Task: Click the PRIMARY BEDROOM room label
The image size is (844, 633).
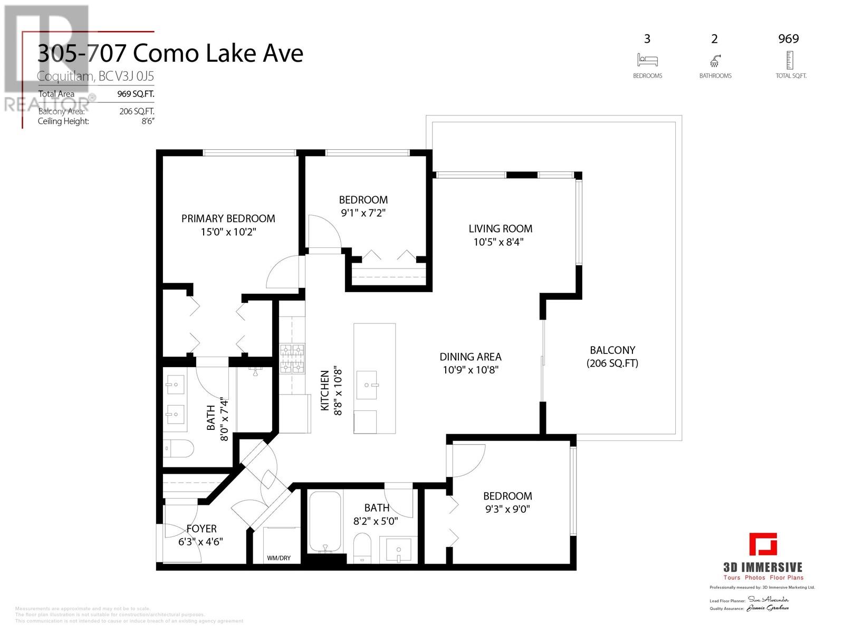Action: click(x=228, y=218)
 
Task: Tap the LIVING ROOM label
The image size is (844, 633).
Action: click(x=500, y=228)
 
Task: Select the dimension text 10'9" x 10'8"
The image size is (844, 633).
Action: click(x=471, y=370)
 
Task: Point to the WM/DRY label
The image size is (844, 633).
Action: click(x=279, y=558)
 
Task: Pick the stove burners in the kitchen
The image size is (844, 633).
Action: click(x=292, y=359)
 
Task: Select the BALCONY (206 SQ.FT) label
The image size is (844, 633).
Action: click(x=612, y=357)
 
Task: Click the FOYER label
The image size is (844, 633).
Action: click(x=202, y=529)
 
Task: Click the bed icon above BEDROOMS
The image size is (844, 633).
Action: click(x=647, y=60)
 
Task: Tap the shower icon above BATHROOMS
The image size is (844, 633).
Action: click(x=715, y=60)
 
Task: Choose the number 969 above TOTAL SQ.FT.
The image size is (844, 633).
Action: click(x=789, y=39)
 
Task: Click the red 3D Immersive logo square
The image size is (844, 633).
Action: click(x=763, y=544)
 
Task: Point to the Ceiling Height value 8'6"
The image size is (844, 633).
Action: click(x=148, y=121)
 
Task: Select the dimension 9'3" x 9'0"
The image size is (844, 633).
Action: click(x=507, y=509)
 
